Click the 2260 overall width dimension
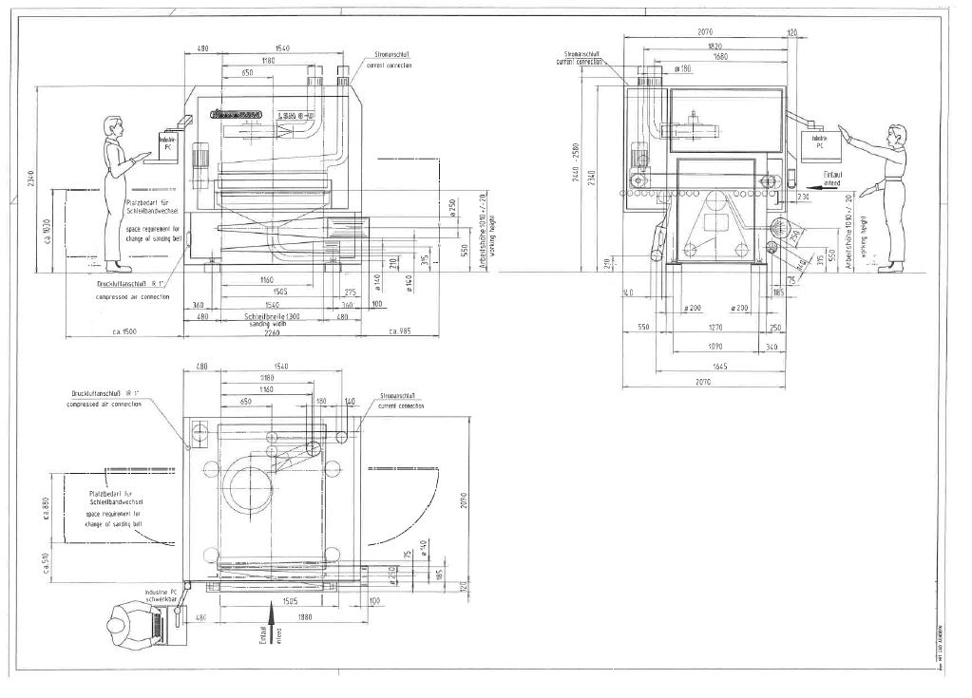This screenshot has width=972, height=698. tap(275, 331)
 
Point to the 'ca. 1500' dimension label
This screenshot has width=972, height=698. tap(124, 331)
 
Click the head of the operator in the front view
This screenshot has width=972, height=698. tap(114, 125)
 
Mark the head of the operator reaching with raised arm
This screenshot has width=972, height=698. tap(896, 135)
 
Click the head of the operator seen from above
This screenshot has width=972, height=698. tap(121, 625)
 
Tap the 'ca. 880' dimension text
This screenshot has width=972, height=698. tap(45, 509)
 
